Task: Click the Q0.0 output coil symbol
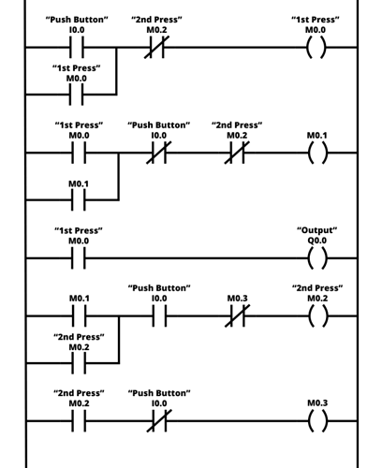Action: click(317, 257)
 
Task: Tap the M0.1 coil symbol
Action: click(317, 153)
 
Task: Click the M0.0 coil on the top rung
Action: click(317, 46)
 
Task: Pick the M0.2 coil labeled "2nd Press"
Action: click(317, 315)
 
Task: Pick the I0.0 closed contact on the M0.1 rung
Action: click(158, 153)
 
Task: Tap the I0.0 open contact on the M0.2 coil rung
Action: click(158, 315)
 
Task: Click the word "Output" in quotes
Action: click(317, 229)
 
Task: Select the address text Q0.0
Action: click(317, 241)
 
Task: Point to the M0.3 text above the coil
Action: click(317, 403)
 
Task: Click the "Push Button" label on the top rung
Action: click(78, 19)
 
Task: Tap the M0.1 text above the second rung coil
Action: click(317, 136)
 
